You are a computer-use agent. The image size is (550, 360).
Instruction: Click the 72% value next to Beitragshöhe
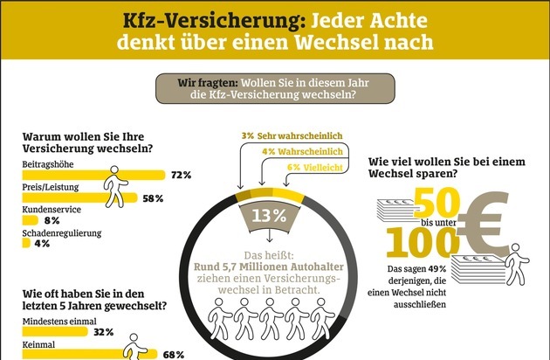pos(182,175)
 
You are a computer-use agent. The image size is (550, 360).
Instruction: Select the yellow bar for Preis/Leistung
pos(79,197)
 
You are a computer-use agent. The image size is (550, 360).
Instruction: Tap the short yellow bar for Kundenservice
pos(31,220)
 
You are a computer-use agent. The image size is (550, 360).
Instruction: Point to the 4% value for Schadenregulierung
pos(42,243)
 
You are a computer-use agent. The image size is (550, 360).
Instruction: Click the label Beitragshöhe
pos(48,164)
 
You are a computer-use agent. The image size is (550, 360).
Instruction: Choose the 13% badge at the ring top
pos(269,217)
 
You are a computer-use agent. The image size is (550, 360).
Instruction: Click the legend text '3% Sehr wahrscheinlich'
pos(292,136)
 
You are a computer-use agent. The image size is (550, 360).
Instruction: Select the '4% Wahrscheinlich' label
pos(302,152)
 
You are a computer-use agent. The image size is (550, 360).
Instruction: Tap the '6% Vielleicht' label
pos(315,168)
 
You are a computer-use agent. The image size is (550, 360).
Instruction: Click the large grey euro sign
pos(484,224)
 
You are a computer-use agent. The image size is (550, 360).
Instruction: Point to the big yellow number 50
pos(437,203)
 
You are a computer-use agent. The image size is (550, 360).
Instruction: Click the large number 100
pos(423,242)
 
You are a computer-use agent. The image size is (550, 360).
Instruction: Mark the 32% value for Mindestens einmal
pos(104,332)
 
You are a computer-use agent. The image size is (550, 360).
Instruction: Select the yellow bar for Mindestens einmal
pos(55,331)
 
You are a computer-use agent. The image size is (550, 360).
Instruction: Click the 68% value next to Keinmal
pos(174,355)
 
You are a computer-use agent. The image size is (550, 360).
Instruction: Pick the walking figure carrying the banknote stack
pos(517,264)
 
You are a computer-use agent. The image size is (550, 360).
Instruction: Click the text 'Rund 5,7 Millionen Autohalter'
pos(269,267)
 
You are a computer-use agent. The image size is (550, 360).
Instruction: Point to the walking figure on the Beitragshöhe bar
pos(116,186)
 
